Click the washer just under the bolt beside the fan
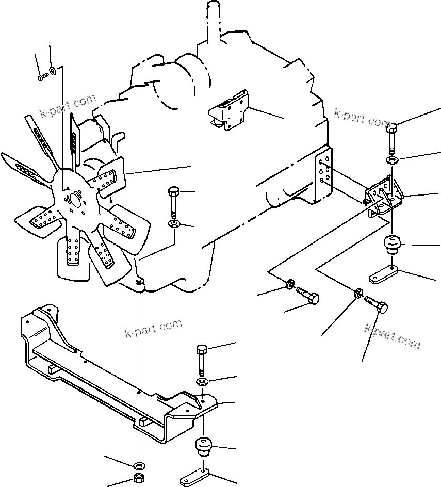[x=174, y=224]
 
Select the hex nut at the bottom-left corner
[x=138, y=477]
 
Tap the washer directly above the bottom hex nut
[x=138, y=461]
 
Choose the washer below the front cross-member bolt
[x=202, y=382]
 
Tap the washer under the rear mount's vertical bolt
[x=392, y=160]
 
